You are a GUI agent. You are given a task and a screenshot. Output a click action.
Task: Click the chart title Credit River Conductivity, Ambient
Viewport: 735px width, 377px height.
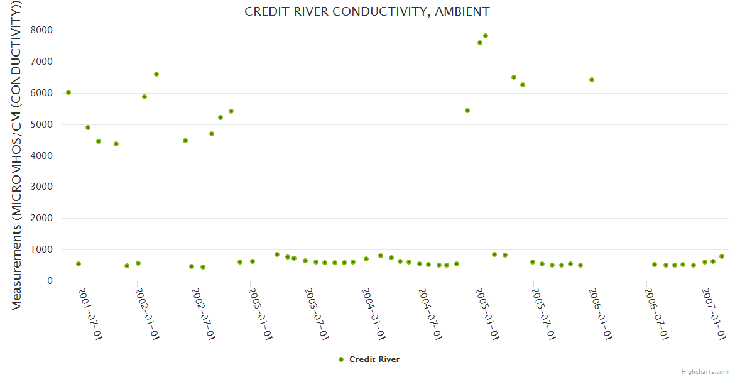(x=367, y=12)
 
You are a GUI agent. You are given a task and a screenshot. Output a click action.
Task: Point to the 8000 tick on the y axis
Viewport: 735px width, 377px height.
(x=41, y=30)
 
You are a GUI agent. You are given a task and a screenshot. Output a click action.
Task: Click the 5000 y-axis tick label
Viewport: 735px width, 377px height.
(x=41, y=124)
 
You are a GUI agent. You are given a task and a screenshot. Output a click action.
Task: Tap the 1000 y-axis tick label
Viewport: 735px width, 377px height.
(x=41, y=249)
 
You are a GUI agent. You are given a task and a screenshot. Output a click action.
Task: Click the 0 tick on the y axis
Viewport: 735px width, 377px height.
(x=49, y=281)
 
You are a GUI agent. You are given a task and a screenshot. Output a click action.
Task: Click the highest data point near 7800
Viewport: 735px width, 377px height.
(x=486, y=36)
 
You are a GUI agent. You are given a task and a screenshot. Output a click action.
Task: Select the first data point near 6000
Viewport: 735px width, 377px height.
(x=68, y=92)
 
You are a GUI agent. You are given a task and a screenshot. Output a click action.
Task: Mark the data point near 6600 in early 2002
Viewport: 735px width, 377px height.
(x=156, y=74)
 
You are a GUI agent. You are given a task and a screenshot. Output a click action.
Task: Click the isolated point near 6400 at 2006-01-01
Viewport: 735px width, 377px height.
(x=592, y=80)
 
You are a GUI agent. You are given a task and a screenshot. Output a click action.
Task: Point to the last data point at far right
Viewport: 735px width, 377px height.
(x=722, y=256)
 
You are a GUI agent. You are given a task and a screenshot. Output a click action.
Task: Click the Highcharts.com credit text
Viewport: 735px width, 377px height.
(x=705, y=371)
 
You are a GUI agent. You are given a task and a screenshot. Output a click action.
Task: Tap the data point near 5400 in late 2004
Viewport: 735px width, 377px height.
(x=467, y=111)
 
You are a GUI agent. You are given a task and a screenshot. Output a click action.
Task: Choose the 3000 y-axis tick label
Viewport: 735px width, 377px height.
(x=41, y=187)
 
